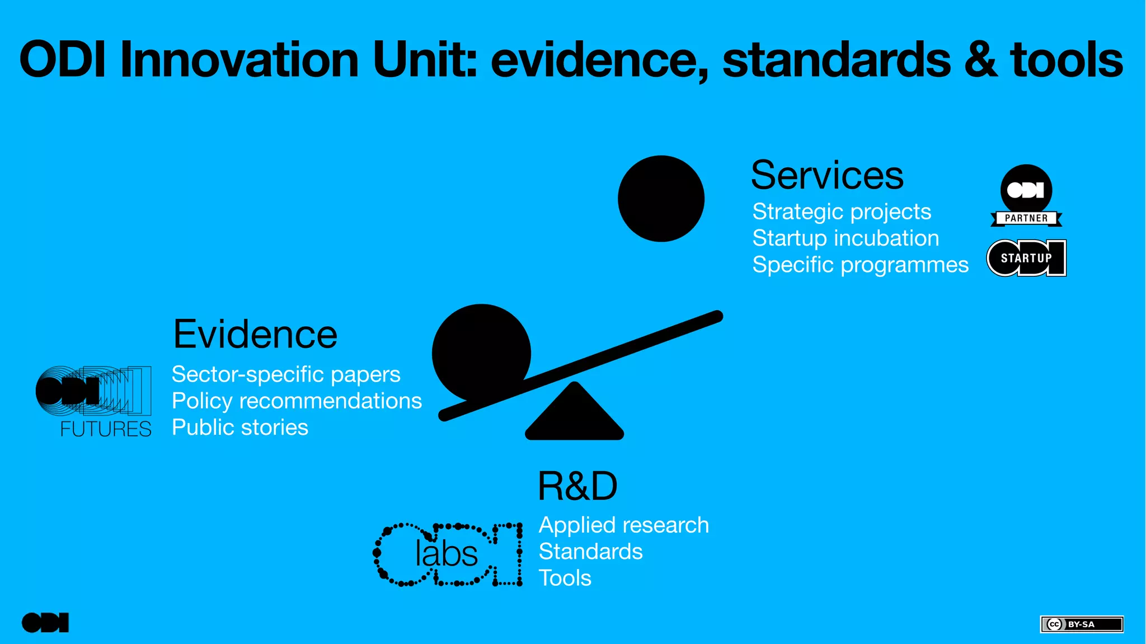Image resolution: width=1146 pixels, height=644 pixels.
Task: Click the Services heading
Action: point(826,175)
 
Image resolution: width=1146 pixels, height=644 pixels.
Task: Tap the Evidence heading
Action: point(255,335)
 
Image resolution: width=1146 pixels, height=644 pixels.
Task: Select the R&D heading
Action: point(577,486)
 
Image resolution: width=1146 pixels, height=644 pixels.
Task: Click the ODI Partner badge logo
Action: point(1026,196)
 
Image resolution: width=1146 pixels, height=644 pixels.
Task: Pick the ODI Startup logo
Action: point(1026,258)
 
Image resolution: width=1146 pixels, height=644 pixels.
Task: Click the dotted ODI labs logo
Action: point(448,554)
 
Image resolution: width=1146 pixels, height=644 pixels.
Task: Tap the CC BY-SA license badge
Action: point(1081,624)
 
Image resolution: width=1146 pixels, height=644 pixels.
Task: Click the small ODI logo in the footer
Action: point(45,623)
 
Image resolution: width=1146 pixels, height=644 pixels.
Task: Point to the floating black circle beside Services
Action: point(661,199)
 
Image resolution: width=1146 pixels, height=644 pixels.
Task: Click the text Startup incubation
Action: point(845,238)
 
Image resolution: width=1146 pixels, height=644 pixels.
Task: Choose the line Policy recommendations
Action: point(297,401)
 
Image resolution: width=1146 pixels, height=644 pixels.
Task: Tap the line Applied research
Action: point(623,525)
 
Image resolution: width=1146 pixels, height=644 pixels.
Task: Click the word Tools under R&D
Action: point(565,578)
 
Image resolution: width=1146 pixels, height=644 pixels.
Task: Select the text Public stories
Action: point(239,427)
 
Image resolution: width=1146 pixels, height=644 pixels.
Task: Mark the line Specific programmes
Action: point(860,265)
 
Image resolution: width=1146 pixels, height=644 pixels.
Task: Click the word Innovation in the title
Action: point(239,60)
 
